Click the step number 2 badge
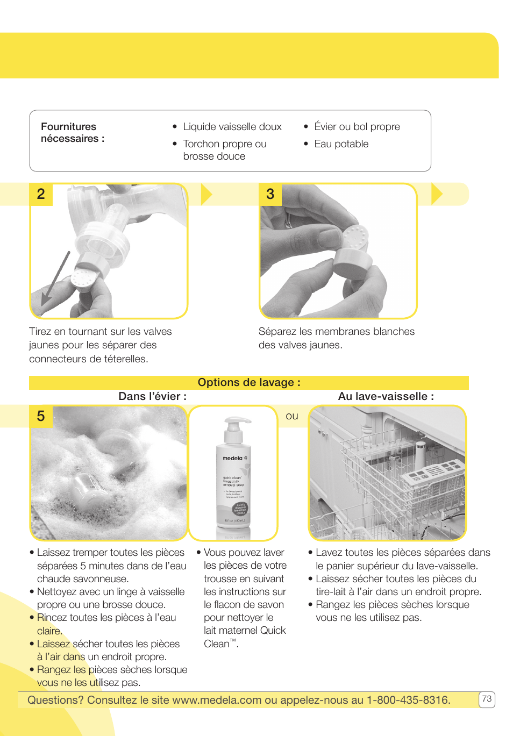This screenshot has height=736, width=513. coord(41,194)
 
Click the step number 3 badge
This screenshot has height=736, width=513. coord(270,194)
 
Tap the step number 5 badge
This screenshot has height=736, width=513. coord(41,416)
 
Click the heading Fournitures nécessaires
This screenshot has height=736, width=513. coord(72,133)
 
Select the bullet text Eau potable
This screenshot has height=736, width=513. coord(341,144)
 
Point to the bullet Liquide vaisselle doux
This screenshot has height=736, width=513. coord(232,127)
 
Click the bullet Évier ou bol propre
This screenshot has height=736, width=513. coord(357,127)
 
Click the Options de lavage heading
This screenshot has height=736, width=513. coord(248,382)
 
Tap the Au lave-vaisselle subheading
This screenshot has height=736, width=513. coord(386,397)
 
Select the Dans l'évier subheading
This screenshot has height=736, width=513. coord(152,397)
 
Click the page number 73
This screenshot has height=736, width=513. coord(487,699)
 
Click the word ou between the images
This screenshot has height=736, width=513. coord(292,416)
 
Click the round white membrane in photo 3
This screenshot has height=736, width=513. coord(355,238)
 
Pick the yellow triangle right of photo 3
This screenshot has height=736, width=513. coord(436,194)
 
